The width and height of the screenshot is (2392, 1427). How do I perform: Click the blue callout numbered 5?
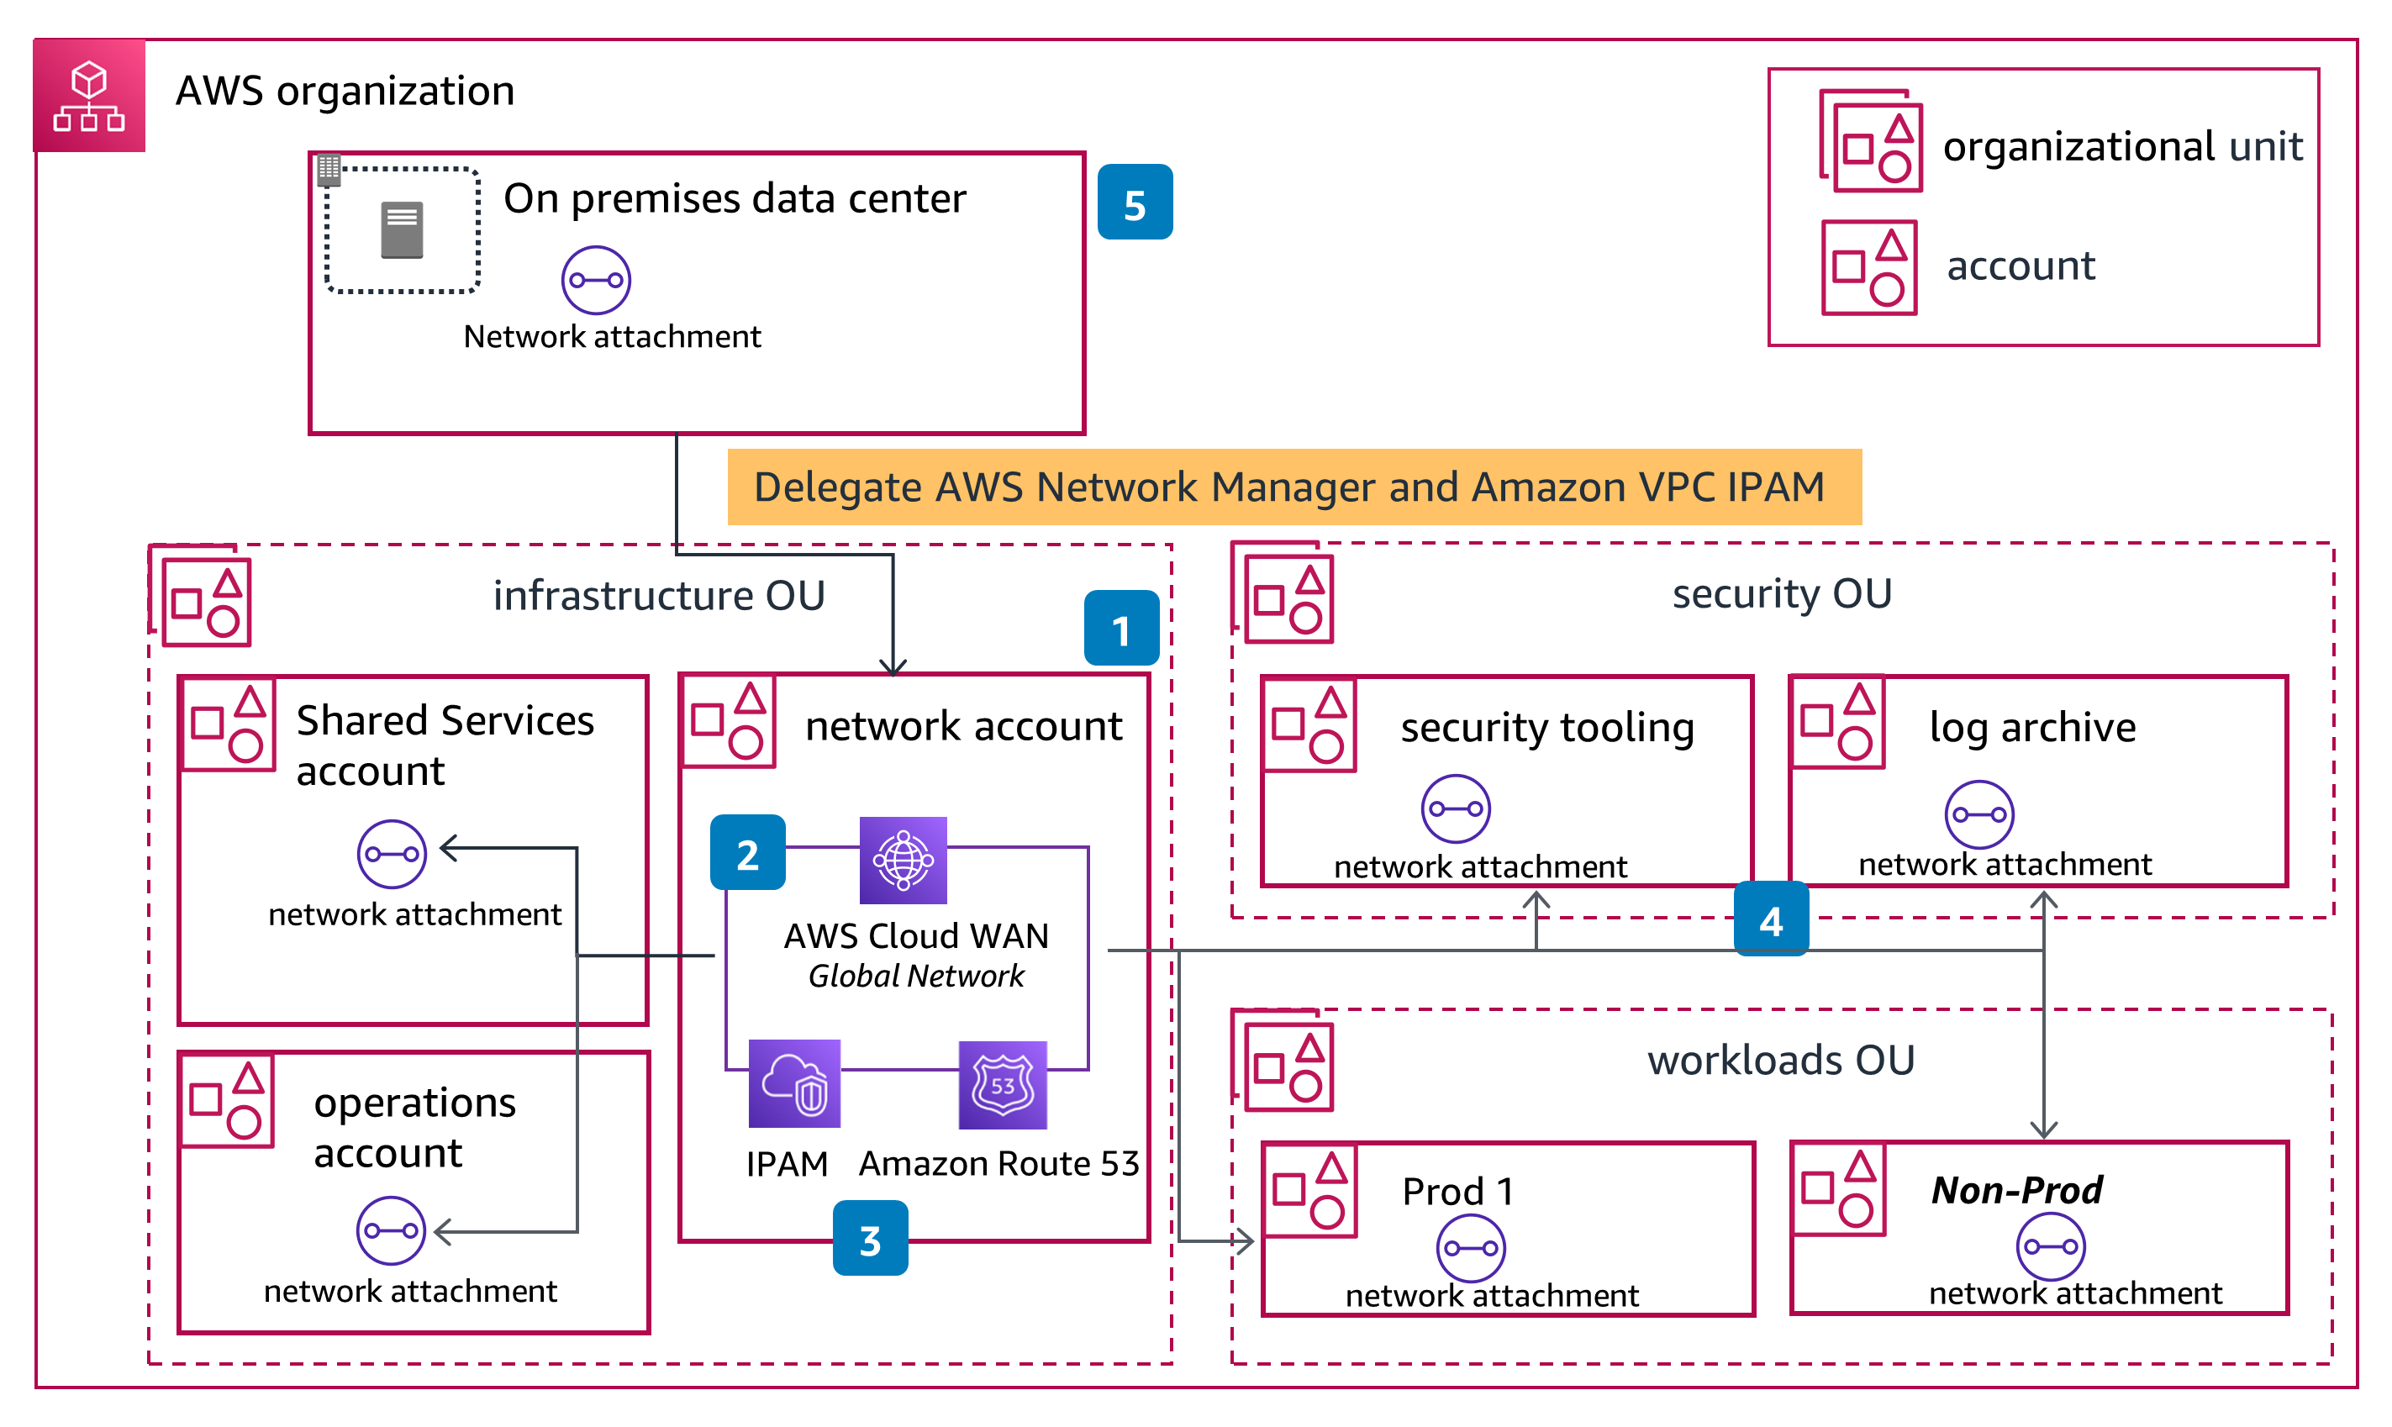[1135, 202]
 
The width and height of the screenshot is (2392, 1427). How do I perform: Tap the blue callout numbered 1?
[1121, 628]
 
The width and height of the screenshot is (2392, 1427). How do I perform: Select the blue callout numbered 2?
[747, 853]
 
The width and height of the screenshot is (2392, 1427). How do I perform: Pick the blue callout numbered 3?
[870, 1239]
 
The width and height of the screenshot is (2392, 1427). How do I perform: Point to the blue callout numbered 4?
[1771, 919]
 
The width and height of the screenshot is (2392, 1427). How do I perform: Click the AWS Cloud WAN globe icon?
[903, 860]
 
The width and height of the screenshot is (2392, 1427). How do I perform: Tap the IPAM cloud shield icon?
[794, 1084]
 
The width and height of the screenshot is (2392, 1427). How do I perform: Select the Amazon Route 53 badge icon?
[1003, 1085]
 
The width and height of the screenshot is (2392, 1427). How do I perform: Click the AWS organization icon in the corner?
[88, 95]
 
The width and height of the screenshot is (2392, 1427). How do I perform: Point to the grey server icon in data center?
[402, 229]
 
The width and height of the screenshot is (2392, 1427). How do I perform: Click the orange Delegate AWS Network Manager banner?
[1294, 487]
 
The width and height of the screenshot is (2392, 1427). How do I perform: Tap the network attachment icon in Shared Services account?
[392, 854]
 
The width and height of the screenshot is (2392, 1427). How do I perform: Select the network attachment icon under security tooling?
[1456, 808]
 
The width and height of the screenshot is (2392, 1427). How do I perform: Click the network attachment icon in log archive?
[1978, 814]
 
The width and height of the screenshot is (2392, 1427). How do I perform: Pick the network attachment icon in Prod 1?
[1470, 1248]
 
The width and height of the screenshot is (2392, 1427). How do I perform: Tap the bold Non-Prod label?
[2017, 1191]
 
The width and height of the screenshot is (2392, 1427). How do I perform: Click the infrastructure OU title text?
[659, 595]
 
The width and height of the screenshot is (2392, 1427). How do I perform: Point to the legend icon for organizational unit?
[1870, 141]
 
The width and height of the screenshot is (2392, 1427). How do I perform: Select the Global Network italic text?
[915, 976]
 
